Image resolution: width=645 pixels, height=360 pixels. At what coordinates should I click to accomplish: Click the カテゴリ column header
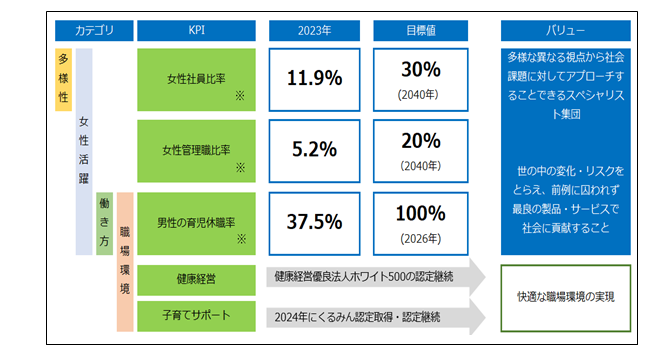click(x=94, y=30)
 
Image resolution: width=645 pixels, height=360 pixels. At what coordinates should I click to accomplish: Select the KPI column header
click(x=196, y=30)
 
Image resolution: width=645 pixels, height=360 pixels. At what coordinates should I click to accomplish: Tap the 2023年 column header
click(x=314, y=30)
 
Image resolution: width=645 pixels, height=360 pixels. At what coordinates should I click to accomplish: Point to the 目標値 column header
click(x=420, y=30)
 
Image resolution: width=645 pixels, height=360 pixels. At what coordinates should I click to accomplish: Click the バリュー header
click(x=566, y=30)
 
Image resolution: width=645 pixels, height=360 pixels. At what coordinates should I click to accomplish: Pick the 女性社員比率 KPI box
click(x=196, y=80)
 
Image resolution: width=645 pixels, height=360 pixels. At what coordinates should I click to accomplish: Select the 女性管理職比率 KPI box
click(x=196, y=151)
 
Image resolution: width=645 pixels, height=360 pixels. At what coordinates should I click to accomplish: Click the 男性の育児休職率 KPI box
click(x=196, y=223)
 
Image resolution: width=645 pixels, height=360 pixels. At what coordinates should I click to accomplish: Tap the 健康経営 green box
click(x=196, y=280)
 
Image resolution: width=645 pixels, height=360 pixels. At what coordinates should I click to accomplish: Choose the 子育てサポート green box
click(x=196, y=316)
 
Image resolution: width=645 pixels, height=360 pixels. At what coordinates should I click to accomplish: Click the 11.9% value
click(x=314, y=78)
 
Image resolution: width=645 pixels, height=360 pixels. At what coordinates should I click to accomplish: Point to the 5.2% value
click(x=314, y=149)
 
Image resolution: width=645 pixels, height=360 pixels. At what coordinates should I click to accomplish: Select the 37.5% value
click(x=314, y=222)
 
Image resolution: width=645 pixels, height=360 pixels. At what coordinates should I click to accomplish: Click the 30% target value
click(x=421, y=69)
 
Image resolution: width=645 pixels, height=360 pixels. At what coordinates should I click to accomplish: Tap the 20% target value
click(x=421, y=141)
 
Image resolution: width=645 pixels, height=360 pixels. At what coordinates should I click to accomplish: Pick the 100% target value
click(x=420, y=214)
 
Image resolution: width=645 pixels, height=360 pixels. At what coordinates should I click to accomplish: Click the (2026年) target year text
click(x=420, y=239)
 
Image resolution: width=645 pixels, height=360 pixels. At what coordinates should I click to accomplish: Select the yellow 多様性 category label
click(x=63, y=79)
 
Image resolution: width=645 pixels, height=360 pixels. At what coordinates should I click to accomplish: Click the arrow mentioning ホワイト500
click(x=376, y=277)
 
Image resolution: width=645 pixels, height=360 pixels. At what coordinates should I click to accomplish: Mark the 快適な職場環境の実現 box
click(x=566, y=298)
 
